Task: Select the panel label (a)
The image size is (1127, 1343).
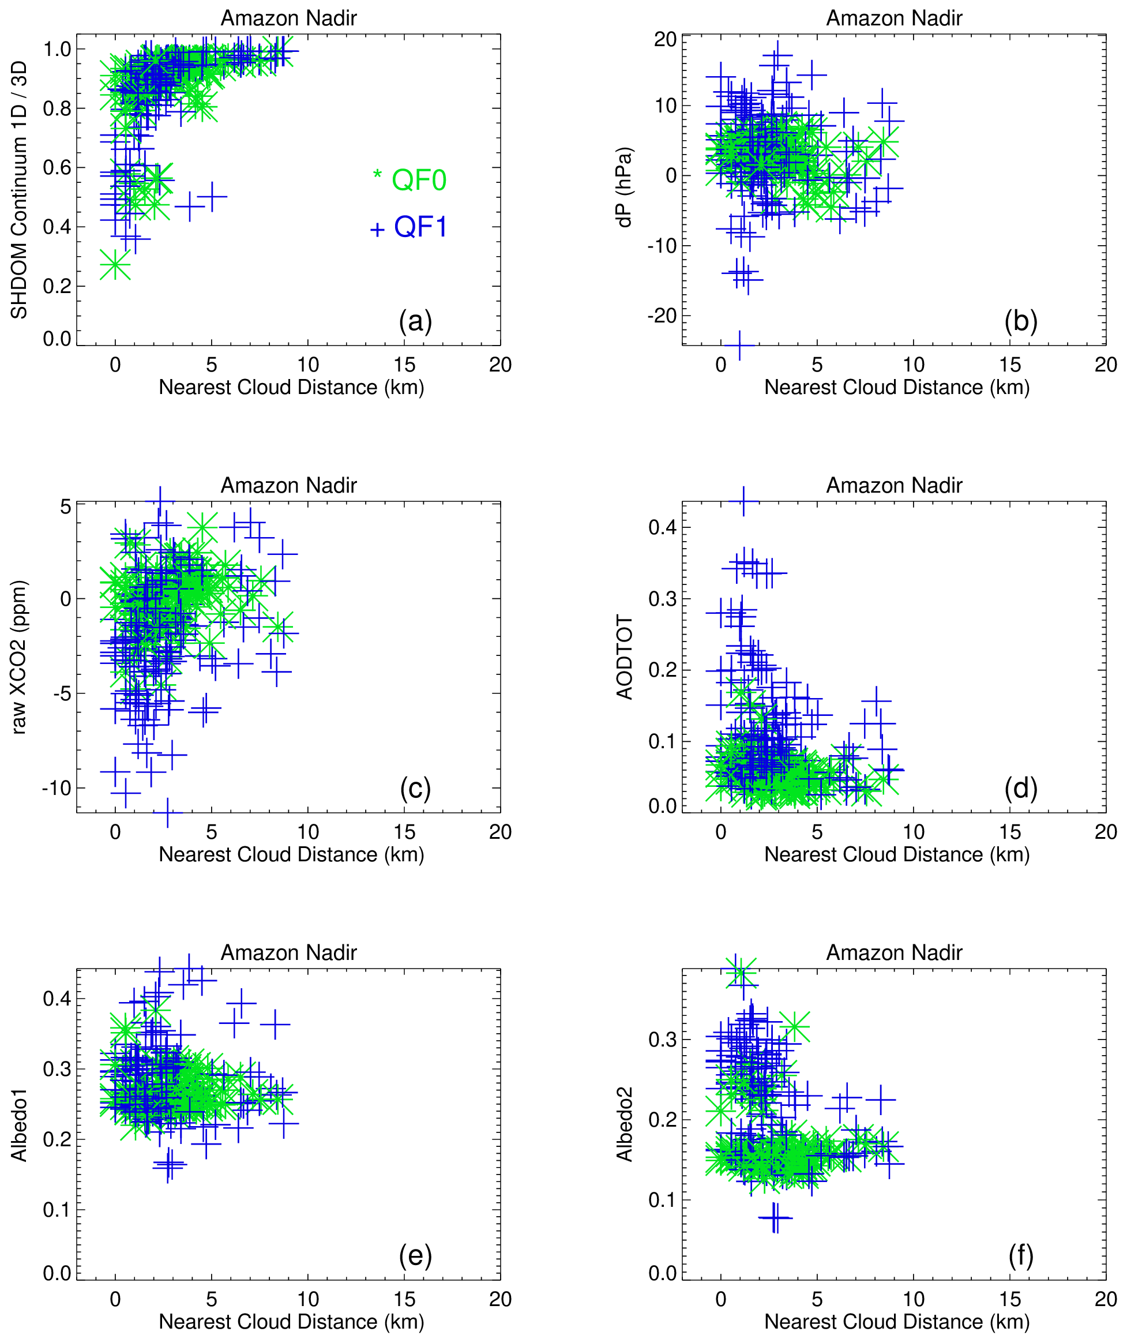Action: tap(415, 320)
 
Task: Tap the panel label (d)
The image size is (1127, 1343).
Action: tap(1021, 788)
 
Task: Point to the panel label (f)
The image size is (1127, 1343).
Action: tap(1021, 1255)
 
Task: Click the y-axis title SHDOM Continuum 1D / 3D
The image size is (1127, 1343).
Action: tap(19, 189)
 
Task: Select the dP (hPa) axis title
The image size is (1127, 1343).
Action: tap(625, 187)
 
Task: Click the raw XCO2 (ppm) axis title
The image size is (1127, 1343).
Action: tap(19, 657)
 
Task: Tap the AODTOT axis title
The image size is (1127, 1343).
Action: tap(625, 657)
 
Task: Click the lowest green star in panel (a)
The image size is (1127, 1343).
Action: tap(115, 265)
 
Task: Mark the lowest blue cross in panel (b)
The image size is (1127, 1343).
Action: tap(739, 346)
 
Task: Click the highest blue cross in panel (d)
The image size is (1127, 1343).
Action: tap(743, 501)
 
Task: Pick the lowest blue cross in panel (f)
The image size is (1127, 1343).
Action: tap(775, 1217)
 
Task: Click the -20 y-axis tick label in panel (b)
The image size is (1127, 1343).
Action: tap(662, 316)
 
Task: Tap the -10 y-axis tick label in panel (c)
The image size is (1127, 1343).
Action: tap(57, 788)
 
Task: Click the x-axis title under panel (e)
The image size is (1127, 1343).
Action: tap(291, 1321)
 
